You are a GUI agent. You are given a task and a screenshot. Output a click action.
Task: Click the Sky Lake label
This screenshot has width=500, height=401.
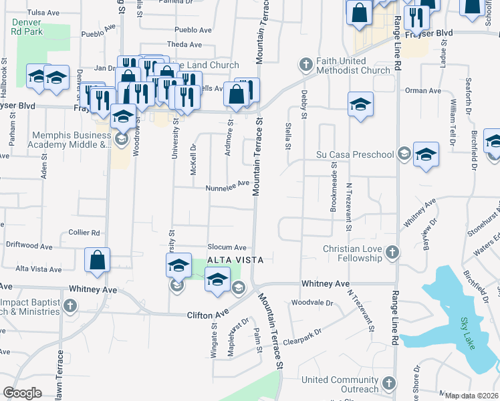coord(467,324)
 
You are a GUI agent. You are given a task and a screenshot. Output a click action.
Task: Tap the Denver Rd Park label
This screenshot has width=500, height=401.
coord(27,27)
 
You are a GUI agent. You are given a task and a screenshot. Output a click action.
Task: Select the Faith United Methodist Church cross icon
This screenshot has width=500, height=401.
coord(306,64)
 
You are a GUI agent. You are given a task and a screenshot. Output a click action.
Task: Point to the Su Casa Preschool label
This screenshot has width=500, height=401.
coord(355,155)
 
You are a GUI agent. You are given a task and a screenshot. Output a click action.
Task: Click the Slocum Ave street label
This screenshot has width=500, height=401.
coord(227,247)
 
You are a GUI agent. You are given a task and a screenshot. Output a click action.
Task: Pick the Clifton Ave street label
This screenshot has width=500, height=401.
coord(208,313)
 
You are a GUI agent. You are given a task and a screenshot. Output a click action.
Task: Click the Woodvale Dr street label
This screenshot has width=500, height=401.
coord(312,303)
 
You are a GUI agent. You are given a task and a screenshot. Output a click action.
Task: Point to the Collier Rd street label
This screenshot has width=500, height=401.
coord(84,233)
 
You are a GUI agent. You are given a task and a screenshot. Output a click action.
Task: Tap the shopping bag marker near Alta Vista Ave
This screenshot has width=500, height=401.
coord(98,261)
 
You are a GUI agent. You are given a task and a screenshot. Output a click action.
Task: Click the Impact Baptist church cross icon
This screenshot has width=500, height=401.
coord(70,305)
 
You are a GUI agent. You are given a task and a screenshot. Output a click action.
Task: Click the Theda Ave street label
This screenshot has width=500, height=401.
coord(184,45)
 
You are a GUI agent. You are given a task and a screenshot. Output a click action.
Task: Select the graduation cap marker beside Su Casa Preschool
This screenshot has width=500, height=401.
coord(426,155)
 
